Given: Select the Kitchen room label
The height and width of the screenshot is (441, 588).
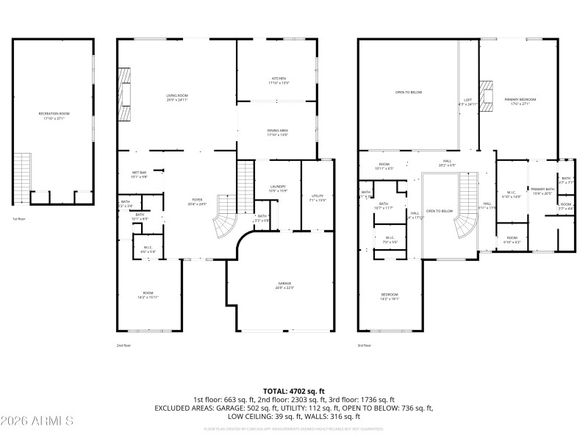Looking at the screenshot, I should coord(279,80).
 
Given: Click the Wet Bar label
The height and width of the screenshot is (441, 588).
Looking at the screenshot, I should coord(139,174).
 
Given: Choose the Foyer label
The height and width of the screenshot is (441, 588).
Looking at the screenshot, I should coord(198,201).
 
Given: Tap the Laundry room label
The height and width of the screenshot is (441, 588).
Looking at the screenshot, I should coord(278,188).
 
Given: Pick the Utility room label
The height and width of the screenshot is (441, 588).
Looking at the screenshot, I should coord(317,197).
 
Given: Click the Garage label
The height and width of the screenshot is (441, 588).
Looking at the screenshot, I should coord(284,285).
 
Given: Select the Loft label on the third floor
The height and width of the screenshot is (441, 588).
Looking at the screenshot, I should coord(467,102).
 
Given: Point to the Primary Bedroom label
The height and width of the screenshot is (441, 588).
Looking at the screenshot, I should coord(520,101).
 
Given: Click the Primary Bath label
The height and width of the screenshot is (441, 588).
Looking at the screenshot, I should coord(543,191).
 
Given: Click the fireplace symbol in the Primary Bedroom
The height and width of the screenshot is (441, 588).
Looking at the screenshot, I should coord(486,93).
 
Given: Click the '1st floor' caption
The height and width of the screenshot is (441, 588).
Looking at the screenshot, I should coord(19,219).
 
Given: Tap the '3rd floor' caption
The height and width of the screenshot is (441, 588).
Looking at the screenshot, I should coord(365,345).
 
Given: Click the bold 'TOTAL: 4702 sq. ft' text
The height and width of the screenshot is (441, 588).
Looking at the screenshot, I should coord(294,391).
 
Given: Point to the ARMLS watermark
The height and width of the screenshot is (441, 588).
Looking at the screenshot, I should coord(38,421).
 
